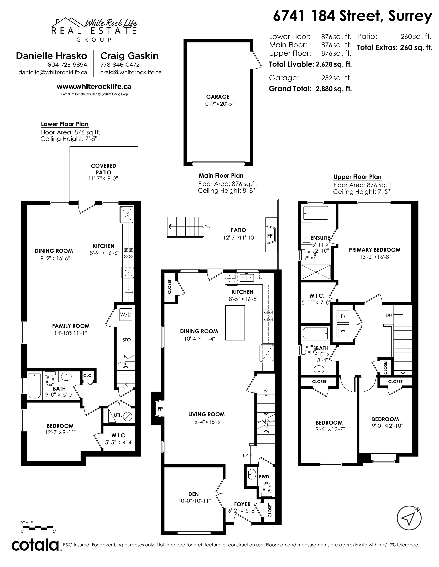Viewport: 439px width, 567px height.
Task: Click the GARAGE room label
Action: [218, 97]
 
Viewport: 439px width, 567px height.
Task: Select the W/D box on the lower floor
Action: [126, 315]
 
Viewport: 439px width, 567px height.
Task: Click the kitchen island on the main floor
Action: [235, 323]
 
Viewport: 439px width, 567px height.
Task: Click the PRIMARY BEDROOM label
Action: [374, 250]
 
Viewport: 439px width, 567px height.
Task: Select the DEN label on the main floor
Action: [194, 494]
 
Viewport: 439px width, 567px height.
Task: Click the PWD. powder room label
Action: [265, 477]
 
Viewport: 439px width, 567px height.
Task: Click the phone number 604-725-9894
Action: [67, 65]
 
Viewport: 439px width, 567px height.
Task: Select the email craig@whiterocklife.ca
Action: [131, 73]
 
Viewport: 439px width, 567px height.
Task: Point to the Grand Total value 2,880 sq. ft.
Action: [334, 89]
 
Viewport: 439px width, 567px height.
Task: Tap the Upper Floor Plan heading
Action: [358, 177]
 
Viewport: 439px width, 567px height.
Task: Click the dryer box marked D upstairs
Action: [343, 316]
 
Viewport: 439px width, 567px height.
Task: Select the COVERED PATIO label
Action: [103, 169]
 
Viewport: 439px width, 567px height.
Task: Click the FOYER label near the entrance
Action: [242, 504]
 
